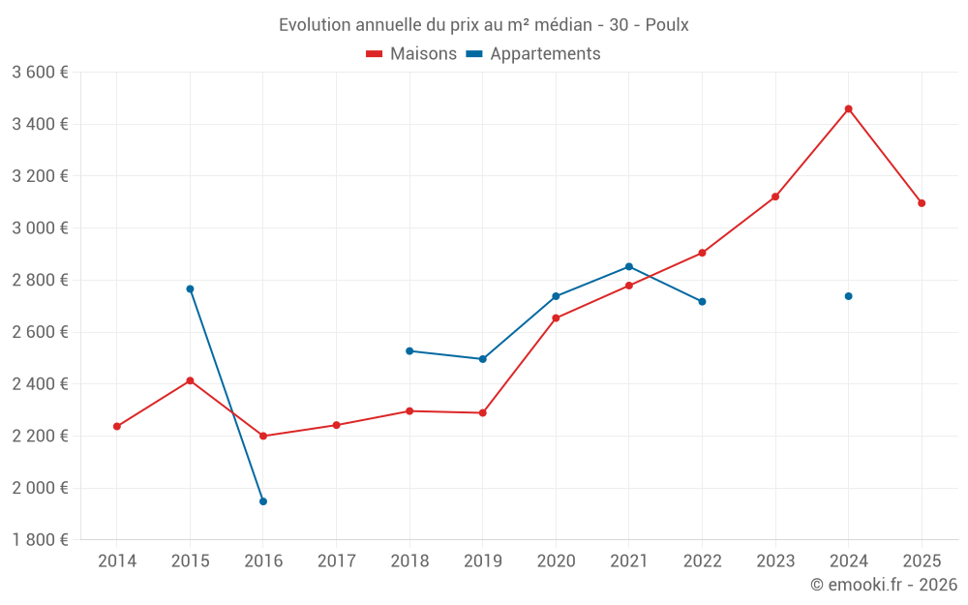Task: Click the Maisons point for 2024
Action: (849, 109)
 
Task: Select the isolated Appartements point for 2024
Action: (849, 296)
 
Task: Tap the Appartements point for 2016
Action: (263, 501)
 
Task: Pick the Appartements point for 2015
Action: (190, 288)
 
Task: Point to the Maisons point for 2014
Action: (117, 426)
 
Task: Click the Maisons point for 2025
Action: (922, 203)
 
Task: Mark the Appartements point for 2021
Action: (629, 266)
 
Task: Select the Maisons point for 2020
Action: (556, 318)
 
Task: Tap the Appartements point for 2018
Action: (409, 350)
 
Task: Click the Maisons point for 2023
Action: (775, 197)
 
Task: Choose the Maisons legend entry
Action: (411, 54)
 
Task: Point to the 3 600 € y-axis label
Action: (40, 73)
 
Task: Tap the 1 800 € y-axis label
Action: (40, 540)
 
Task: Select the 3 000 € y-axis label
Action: (40, 228)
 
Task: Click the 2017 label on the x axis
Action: (336, 561)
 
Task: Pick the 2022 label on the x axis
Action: (702, 561)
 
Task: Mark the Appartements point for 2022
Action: (702, 302)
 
